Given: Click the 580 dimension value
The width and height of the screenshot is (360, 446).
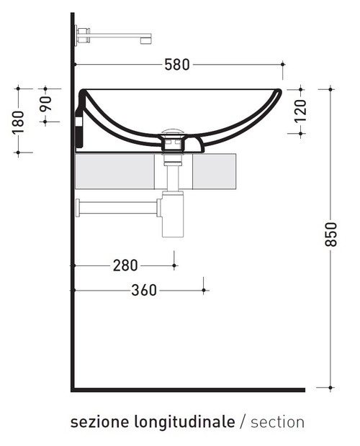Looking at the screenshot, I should tap(176, 65).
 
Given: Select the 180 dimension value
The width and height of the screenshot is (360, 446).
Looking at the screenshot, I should tap(18, 120).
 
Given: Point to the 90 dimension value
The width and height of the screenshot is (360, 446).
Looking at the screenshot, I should tap(45, 105).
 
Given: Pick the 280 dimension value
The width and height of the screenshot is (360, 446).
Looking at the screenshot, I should tap(125, 265).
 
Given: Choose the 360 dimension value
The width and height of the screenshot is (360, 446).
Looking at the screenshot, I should tap(145, 291).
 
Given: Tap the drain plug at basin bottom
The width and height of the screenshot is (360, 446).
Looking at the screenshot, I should tap(173, 134).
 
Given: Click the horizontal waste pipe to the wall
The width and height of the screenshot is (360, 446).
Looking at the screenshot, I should tap(119, 208).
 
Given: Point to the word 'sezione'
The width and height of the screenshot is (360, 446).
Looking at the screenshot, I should tap(99, 422).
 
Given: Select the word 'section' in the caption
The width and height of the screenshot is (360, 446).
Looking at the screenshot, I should tap(277, 422).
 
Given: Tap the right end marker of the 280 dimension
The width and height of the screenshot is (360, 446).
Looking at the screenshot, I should tap(174, 265).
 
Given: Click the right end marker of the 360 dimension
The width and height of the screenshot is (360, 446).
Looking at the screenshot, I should tap(204, 291).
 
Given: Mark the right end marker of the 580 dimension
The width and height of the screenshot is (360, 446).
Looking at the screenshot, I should tap(283, 65).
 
